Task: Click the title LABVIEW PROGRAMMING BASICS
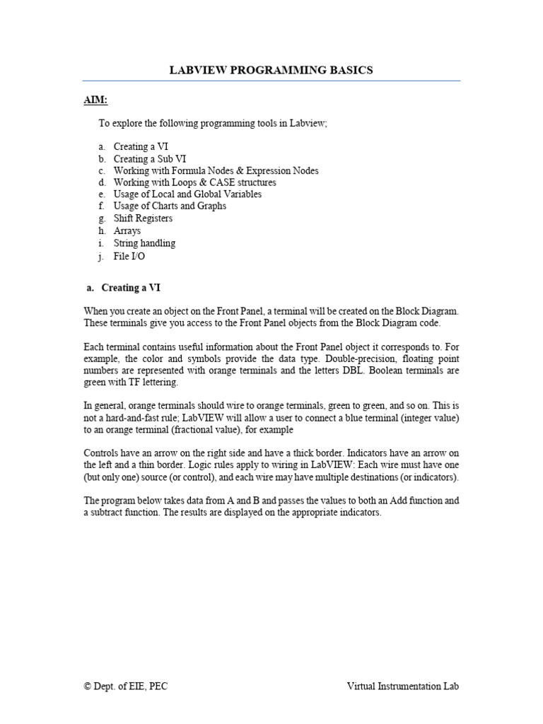pos(271,70)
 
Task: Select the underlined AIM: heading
pos(95,101)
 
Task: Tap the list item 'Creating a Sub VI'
pos(150,159)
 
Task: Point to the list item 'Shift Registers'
pos(143,218)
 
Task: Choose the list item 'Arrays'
pos(127,230)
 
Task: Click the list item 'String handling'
pos(144,243)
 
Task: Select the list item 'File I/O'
pos(129,257)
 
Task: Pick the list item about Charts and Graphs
pos(170,206)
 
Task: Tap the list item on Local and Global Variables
pos(187,194)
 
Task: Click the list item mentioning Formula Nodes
pos(216,170)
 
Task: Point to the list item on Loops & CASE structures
pos(194,182)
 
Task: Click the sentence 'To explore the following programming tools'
pos(213,123)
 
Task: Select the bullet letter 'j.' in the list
pos(102,257)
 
